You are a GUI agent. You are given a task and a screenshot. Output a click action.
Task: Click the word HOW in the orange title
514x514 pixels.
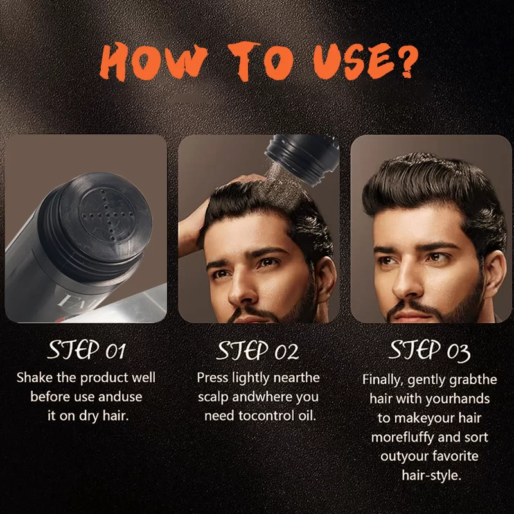tap(154, 62)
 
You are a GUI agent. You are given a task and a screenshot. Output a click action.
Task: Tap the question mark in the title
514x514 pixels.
tap(407, 60)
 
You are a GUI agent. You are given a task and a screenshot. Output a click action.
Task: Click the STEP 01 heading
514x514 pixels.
tap(87, 350)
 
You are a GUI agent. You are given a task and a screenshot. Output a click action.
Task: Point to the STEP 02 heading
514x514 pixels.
tap(258, 350)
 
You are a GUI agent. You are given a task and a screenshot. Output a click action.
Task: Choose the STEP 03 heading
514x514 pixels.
tap(429, 351)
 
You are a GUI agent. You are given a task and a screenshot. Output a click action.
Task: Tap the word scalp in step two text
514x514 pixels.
tap(213, 397)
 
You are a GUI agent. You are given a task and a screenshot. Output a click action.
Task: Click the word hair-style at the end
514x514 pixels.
tap(431, 475)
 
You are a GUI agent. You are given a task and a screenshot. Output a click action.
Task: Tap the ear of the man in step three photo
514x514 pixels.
tap(494, 275)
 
